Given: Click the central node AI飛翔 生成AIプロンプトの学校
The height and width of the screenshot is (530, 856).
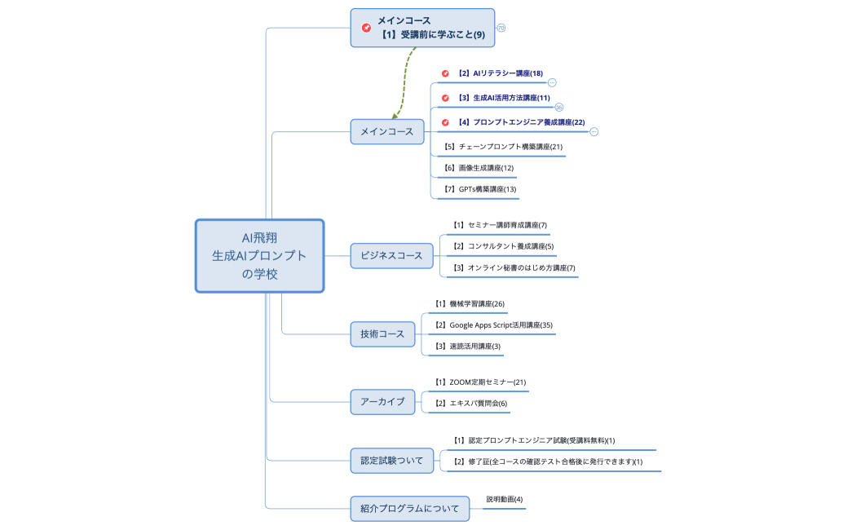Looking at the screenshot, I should [x=260, y=255].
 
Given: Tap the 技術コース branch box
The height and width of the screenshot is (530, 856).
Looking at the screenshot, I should [x=382, y=333].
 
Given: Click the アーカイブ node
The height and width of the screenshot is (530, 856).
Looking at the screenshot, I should [x=382, y=401].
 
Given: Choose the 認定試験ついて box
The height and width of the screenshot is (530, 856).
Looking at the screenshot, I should [x=392, y=461].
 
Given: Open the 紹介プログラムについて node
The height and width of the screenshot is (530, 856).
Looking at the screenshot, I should [x=409, y=509].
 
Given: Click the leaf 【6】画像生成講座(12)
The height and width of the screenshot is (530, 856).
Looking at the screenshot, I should [x=479, y=168].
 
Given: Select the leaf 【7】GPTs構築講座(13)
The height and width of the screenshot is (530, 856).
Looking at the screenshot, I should [x=480, y=189].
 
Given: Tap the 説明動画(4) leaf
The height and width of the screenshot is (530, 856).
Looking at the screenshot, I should [x=505, y=500].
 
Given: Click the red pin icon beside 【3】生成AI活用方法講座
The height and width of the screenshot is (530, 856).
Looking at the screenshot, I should [x=445, y=98].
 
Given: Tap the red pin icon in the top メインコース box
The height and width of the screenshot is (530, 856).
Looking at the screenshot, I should [x=367, y=28].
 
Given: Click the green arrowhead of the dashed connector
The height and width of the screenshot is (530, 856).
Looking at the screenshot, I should [x=395, y=116].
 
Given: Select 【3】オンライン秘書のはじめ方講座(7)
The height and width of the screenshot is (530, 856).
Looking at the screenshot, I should [x=514, y=267].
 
